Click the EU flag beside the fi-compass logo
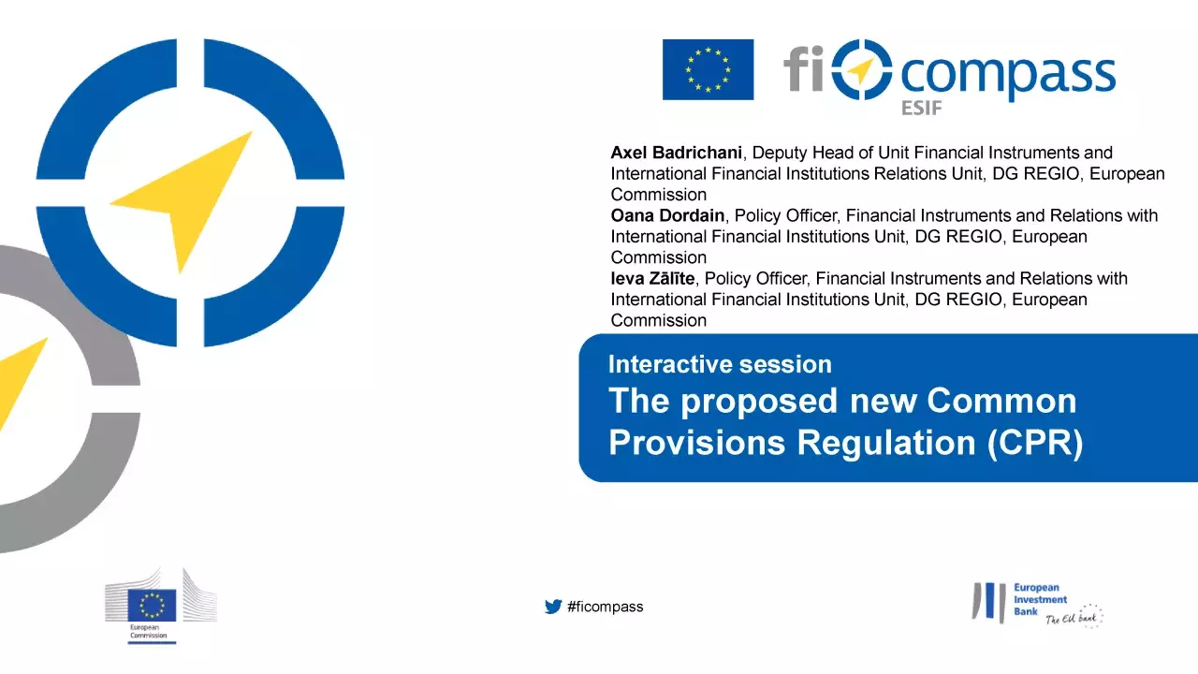[x=708, y=69]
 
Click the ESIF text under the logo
[x=921, y=109]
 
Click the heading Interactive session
[x=720, y=364]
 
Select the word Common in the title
[x=1001, y=401]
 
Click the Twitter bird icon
[x=553, y=607]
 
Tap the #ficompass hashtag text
[x=606, y=607]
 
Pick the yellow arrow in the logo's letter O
[x=861, y=70]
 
